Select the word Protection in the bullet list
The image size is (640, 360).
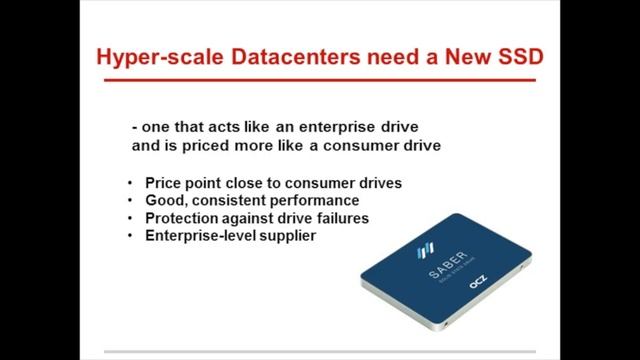tap(182, 218)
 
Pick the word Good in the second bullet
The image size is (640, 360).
tap(163, 201)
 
